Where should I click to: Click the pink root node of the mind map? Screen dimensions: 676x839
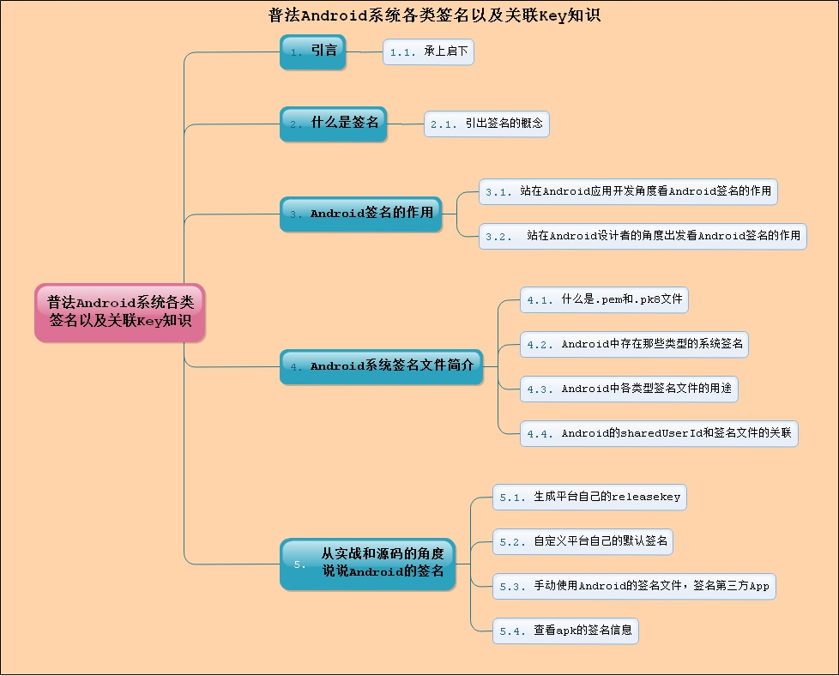click(120, 312)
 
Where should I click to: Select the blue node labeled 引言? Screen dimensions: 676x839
click(312, 51)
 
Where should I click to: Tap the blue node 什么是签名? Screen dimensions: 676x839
click(333, 124)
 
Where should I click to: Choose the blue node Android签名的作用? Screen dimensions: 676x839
click(360, 214)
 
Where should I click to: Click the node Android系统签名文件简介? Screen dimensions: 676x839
click(381, 366)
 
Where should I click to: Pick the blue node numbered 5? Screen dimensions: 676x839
click(367, 564)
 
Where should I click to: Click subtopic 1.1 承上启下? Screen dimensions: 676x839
click(428, 52)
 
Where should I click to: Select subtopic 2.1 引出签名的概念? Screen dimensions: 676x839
click(486, 124)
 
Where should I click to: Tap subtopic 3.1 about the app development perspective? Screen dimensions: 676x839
click(628, 192)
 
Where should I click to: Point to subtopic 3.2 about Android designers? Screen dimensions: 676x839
click(643, 236)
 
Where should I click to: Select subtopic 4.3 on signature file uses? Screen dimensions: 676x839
click(629, 389)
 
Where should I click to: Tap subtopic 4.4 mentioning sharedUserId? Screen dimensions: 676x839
click(659, 433)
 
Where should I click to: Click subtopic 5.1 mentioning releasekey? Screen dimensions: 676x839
click(589, 497)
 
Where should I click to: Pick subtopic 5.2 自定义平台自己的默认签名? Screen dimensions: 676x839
click(583, 541)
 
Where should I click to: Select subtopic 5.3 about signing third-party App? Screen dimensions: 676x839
click(634, 587)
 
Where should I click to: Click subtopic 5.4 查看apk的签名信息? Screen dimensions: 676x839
click(565, 631)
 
